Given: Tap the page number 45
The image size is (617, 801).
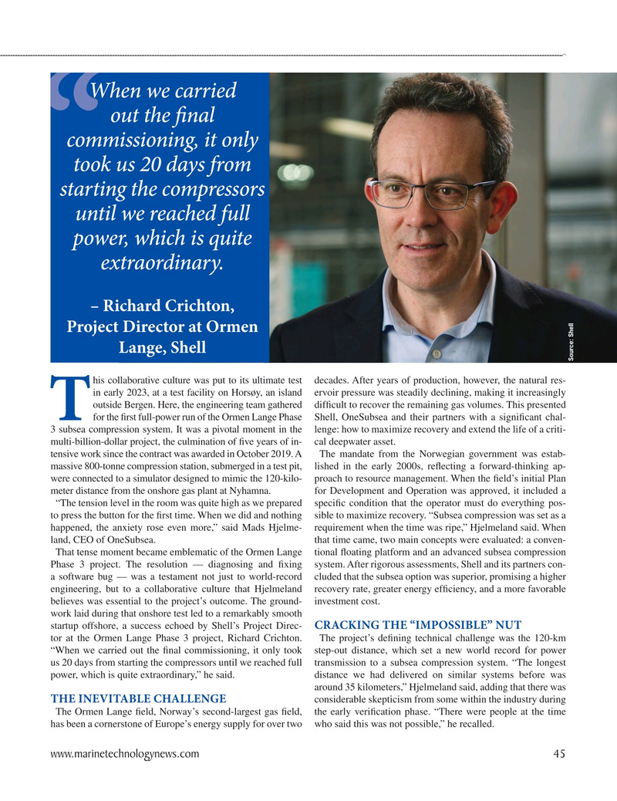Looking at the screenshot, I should (x=559, y=754).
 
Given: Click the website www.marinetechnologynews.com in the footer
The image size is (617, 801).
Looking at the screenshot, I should (x=126, y=754).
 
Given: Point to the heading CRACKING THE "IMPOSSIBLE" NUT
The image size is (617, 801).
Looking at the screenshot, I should (x=419, y=624).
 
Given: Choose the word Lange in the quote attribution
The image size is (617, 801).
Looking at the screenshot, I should (x=140, y=349).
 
